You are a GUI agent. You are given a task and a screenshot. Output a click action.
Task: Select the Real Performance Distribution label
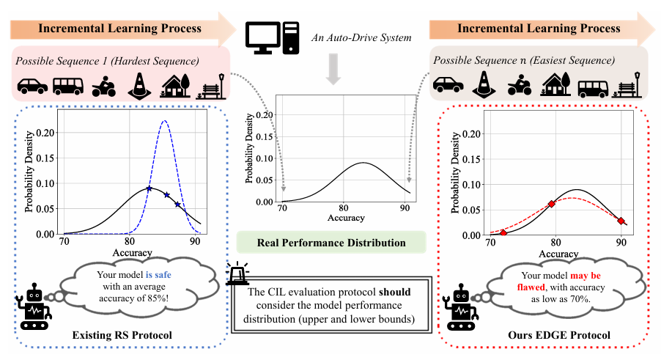[330, 243]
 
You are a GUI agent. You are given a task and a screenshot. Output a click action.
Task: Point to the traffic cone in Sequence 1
[139, 84]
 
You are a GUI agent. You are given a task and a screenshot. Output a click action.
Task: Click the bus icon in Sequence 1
[67, 84]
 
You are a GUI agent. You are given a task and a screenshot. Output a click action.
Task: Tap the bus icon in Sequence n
[592, 87]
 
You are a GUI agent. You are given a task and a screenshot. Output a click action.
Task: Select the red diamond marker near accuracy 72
[503, 232]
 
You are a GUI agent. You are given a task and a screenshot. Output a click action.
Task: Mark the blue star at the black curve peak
[149, 188]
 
